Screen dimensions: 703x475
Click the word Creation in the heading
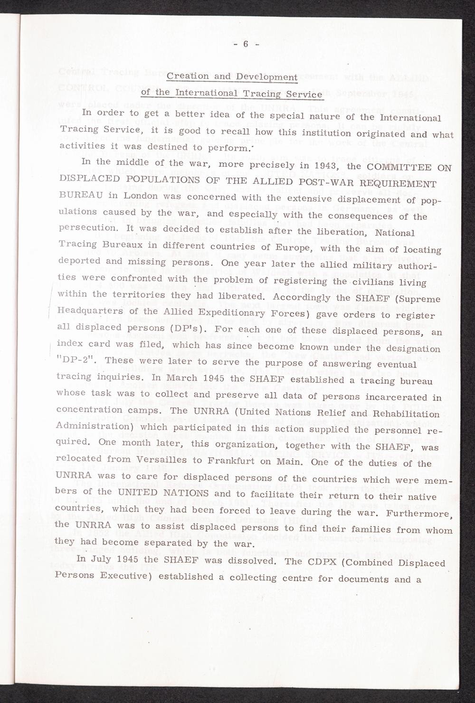tap(188, 76)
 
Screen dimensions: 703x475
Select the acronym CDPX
tap(331, 562)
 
